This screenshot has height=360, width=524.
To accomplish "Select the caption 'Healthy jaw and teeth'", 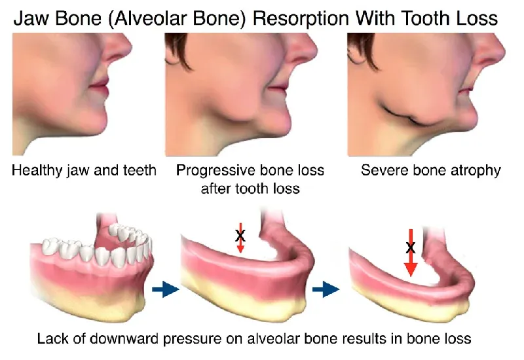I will click(84, 171).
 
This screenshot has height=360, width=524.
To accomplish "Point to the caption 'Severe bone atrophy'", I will click(431, 171).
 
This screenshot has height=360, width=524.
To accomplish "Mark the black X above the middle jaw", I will click(240, 234).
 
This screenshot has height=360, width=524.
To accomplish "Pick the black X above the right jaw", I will click(411, 247).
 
